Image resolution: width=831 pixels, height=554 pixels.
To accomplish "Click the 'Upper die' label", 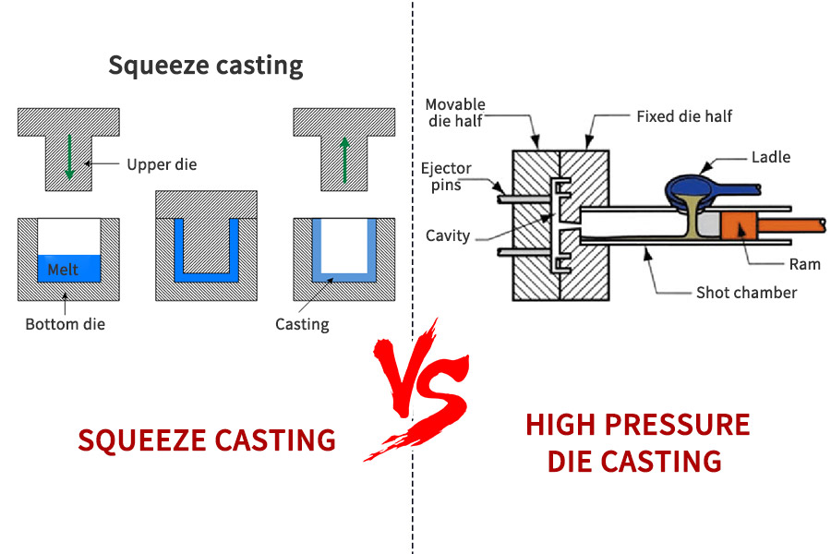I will coord(162,165).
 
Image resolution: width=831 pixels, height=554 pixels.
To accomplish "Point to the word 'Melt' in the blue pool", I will coord(64,270).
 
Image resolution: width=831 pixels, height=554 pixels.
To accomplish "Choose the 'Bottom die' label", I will coord(65,324).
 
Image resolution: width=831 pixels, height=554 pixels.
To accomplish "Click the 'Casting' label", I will coord(302,324).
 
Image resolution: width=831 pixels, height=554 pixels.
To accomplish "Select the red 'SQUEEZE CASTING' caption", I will coord(207,440).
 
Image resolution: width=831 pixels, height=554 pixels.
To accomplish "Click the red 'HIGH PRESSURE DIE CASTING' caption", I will coord(637,442).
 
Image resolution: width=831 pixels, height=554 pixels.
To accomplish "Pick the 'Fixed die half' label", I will coord(684,117).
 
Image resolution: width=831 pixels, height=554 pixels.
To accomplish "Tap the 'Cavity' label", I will coord(447,235).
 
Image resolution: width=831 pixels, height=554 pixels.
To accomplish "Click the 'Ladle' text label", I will coord(771,157).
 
